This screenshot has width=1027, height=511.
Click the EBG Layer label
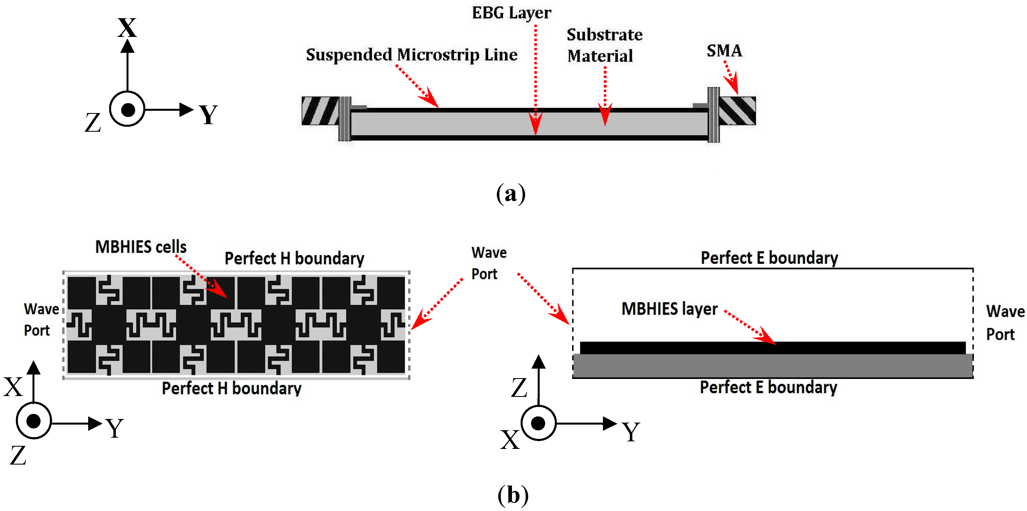click(x=511, y=13)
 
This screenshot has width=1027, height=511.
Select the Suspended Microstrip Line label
click(x=411, y=55)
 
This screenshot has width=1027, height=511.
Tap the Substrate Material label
click(x=604, y=45)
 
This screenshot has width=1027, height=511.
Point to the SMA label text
click(x=724, y=51)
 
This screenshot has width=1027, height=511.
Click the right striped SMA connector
click(x=737, y=111)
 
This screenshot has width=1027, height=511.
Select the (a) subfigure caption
click(x=511, y=194)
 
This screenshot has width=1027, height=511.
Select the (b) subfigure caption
click(x=513, y=495)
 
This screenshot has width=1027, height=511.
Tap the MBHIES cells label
click(x=141, y=247)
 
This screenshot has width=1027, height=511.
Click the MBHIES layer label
click(x=669, y=309)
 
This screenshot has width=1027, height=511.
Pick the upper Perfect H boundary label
click(x=294, y=258)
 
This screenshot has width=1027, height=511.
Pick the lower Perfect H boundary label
click(x=232, y=388)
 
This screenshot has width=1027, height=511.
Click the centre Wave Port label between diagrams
click(x=489, y=263)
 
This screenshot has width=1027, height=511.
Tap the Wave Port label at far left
click(x=41, y=320)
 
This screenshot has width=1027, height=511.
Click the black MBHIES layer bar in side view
click(x=773, y=348)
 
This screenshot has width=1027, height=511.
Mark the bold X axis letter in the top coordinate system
click(x=127, y=28)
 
